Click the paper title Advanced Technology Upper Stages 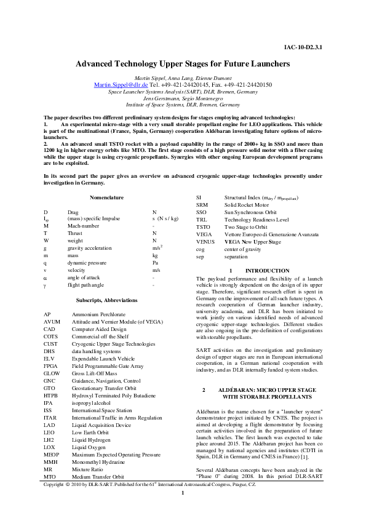pos(183,63)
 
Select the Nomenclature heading pos(107,197)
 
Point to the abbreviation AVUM pos(52,321)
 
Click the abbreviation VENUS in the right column pos(199,242)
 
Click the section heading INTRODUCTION pos(267,271)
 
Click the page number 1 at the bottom pos(183,510)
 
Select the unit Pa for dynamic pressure pos(156,263)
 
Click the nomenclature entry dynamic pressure pos(86,263)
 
